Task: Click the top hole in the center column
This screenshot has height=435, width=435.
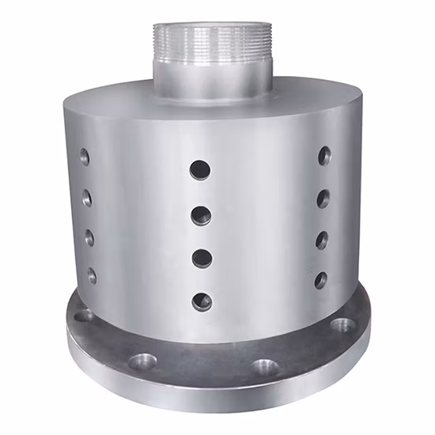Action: (200, 168)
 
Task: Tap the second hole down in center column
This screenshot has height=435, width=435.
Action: (201, 214)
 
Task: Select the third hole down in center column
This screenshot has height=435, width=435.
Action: (202, 258)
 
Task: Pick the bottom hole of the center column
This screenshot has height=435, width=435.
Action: (202, 301)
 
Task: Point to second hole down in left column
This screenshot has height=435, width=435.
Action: (87, 198)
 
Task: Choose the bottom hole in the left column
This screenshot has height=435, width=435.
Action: (92, 275)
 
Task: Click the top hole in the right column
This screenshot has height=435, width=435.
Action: (324, 156)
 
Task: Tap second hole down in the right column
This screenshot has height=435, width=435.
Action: (323, 198)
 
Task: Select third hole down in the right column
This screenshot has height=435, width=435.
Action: (322, 240)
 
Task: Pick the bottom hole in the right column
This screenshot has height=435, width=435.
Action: (320, 280)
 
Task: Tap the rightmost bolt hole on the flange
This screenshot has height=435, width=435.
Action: (342, 324)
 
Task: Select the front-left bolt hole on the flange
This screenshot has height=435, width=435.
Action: (142, 361)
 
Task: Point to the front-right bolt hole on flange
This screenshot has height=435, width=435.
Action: (265, 367)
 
